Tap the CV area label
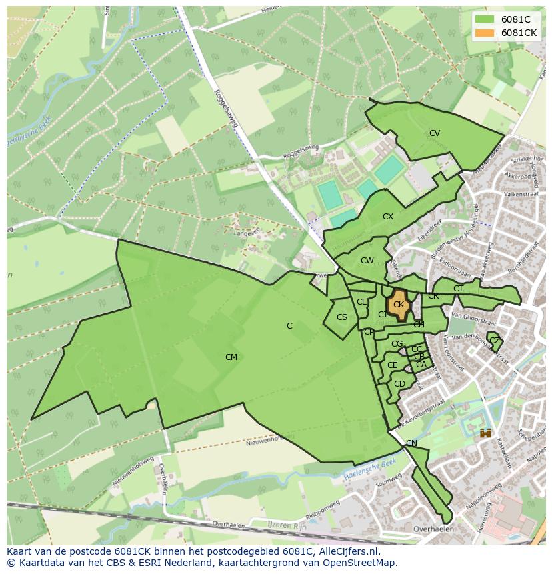[x=435, y=133]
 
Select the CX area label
[x=388, y=217]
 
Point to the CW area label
[x=367, y=261]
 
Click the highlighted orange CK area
[x=399, y=305]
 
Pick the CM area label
[x=231, y=357]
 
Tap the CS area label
[x=342, y=317]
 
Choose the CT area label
[x=458, y=289]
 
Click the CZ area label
[x=494, y=341]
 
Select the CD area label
[x=399, y=384]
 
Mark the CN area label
[x=411, y=443]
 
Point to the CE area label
[x=392, y=365]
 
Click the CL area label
[x=361, y=302]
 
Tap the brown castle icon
[x=485, y=433]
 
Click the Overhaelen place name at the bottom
[x=433, y=529]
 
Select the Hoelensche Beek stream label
[x=371, y=469]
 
